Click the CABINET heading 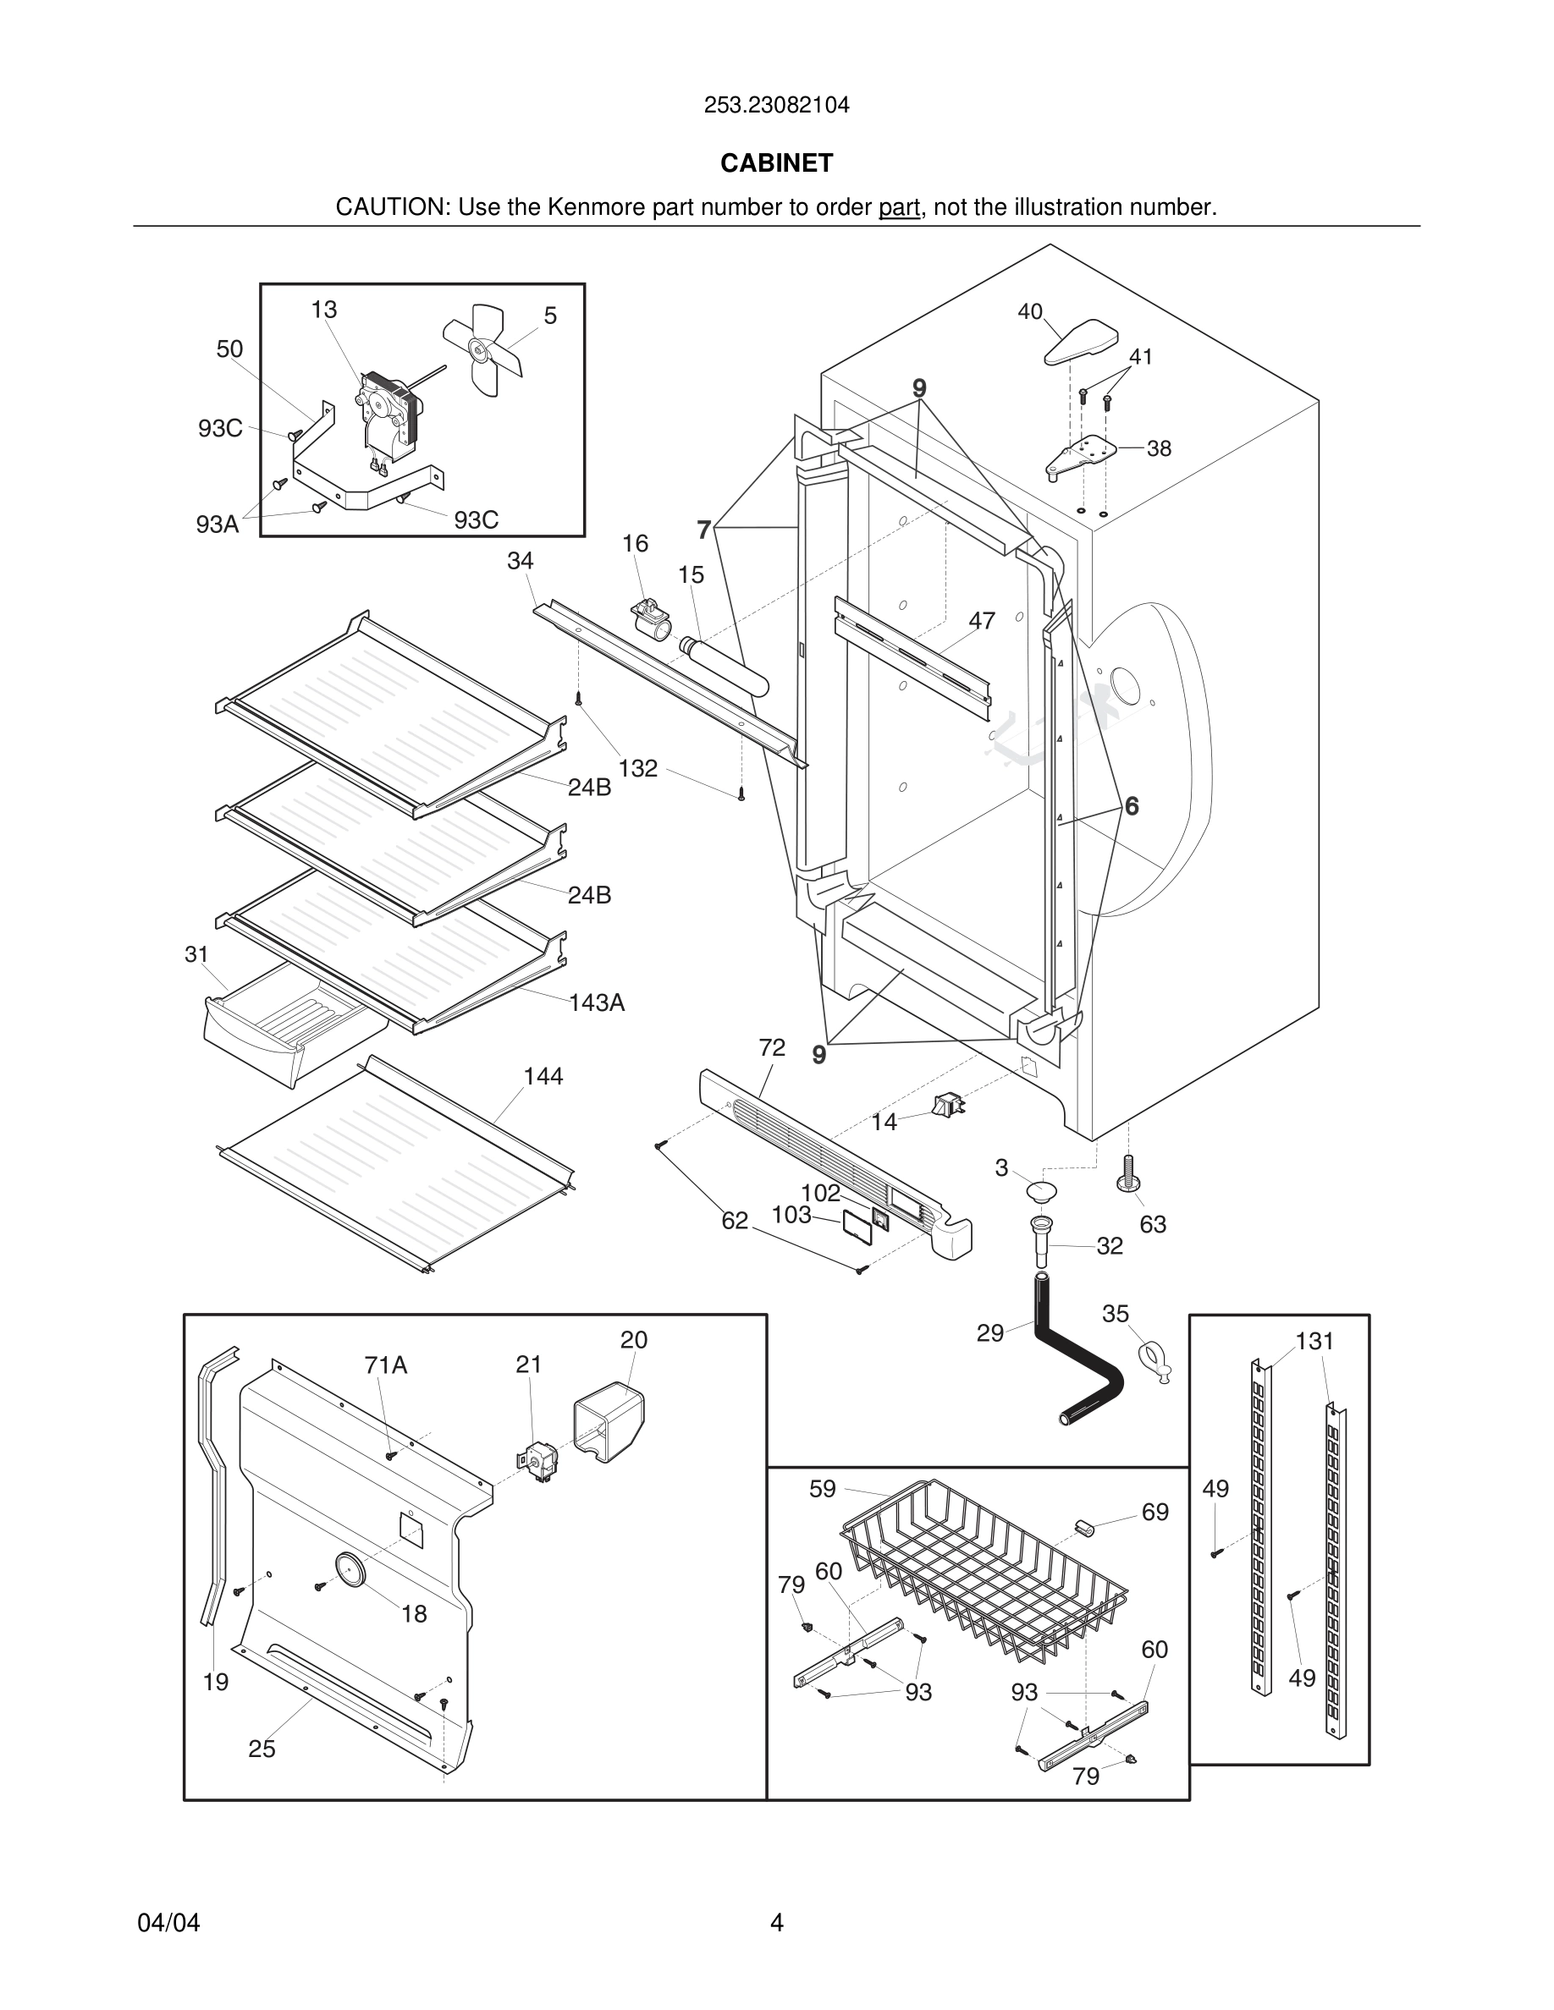(776, 163)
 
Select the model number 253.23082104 (776, 105)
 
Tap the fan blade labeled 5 (483, 348)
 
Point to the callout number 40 (1029, 312)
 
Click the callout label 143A (597, 1002)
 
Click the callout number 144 (543, 1076)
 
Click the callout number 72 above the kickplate (771, 1047)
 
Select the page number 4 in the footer (776, 1923)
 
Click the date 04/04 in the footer (168, 1923)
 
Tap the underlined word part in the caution (899, 207)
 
